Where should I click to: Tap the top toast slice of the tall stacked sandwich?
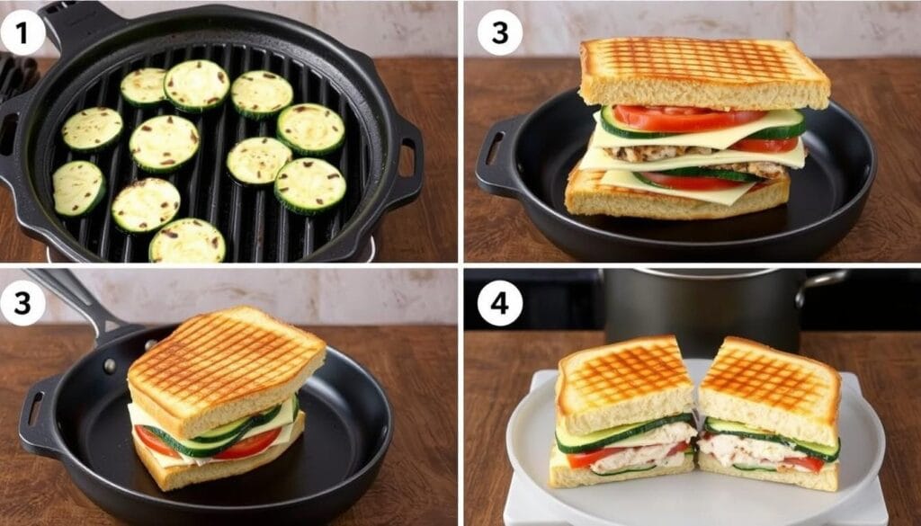(703, 73)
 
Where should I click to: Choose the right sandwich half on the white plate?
(770, 414)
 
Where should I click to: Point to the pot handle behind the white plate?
(821, 281)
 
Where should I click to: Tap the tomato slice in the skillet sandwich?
(246, 444)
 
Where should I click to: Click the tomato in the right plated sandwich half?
(804, 463)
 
